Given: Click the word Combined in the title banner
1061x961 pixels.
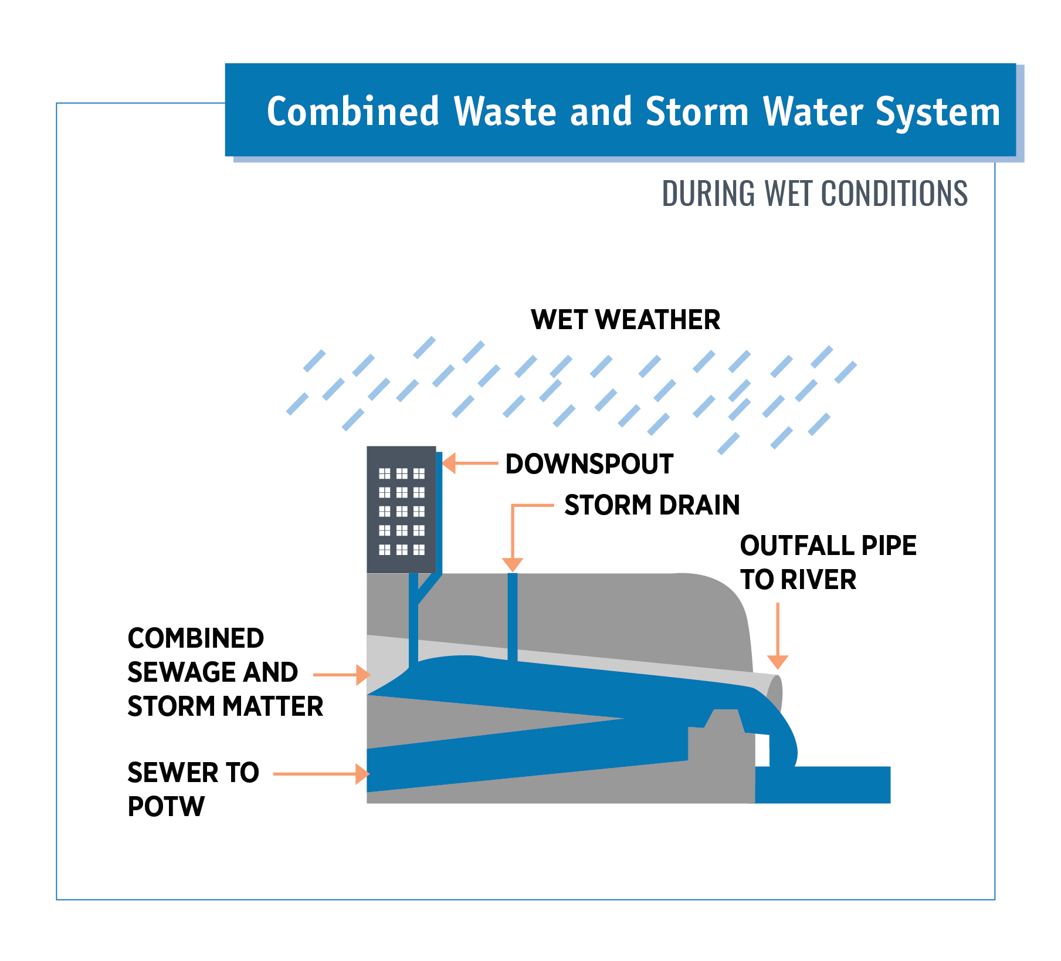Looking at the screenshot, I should click(x=352, y=111).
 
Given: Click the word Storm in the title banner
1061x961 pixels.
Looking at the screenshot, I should click(x=697, y=111).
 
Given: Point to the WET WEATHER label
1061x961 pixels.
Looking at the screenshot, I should click(x=625, y=320).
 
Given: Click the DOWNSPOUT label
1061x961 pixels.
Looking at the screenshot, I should click(x=589, y=464).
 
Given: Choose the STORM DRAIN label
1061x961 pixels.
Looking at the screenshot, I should click(x=652, y=505).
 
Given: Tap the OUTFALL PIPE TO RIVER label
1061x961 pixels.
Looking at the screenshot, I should click(x=827, y=562).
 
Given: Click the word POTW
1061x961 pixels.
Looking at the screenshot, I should click(x=166, y=807).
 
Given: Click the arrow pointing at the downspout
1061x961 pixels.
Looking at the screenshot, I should click(x=469, y=463).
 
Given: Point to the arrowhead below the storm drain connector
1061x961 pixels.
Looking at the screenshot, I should click(x=513, y=564).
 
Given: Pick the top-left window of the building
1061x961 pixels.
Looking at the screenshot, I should click(x=385, y=473).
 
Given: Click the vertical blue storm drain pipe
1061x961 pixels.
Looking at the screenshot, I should click(x=513, y=616).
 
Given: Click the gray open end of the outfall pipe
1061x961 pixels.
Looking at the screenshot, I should click(x=775, y=692).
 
